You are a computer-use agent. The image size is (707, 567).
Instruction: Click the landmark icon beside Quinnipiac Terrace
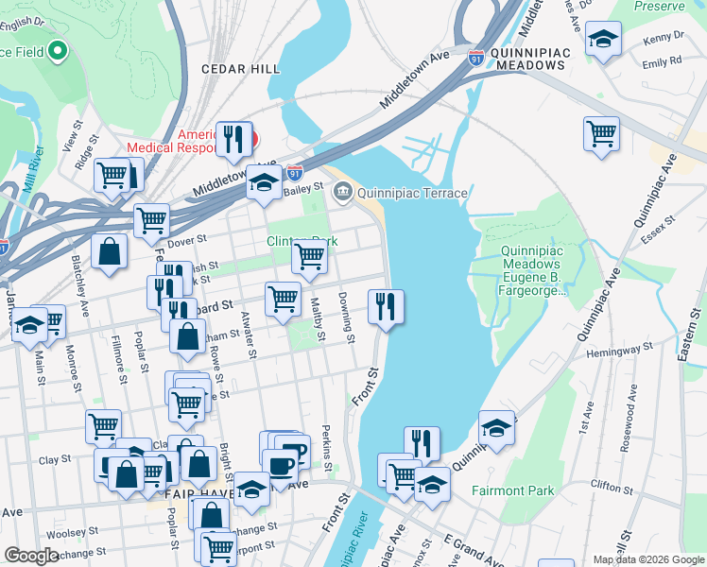pyautogui.click(x=342, y=193)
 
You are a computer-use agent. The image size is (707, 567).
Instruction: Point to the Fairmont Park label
pyautogui.click(x=512, y=491)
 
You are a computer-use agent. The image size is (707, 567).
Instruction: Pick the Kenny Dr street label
pyautogui.click(x=664, y=40)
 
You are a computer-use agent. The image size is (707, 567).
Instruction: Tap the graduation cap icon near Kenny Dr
pyautogui.click(x=602, y=40)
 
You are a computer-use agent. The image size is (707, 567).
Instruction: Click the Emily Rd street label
pyautogui.click(x=662, y=62)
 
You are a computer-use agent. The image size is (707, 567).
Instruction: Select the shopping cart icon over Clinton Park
pyautogui.click(x=309, y=254)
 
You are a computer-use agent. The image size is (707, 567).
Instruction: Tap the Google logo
pyautogui.click(x=32, y=556)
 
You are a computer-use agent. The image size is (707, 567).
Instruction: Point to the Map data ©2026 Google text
pyautogui.click(x=647, y=559)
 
